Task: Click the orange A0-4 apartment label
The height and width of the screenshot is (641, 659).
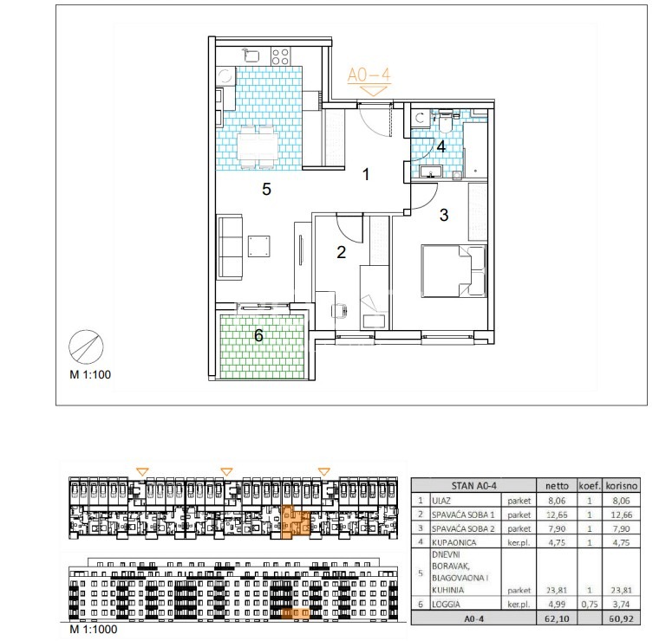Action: (x=369, y=75)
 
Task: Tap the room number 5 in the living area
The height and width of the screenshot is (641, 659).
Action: (x=266, y=190)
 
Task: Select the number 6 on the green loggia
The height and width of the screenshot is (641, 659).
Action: (x=258, y=335)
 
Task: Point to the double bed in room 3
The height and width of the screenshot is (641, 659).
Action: (x=453, y=272)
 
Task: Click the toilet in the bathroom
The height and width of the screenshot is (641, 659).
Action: (x=444, y=121)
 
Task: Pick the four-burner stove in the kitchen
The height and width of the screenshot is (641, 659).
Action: (x=280, y=56)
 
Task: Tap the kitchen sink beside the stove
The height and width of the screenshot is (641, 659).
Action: (x=251, y=55)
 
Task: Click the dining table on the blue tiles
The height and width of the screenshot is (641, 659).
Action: (x=257, y=146)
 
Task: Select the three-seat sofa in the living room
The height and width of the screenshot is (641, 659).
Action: (x=230, y=247)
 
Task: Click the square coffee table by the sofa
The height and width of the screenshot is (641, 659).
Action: (x=259, y=246)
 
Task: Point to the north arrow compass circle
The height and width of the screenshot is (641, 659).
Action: (x=86, y=346)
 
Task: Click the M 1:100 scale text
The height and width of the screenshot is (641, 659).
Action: (x=90, y=374)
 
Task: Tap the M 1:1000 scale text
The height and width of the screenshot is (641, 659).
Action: (x=94, y=629)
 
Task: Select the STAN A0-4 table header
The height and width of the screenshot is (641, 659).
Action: (x=473, y=486)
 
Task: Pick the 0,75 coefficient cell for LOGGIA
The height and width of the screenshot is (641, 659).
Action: (x=590, y=604)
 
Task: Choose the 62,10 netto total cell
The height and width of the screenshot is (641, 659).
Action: (x=557, y=618)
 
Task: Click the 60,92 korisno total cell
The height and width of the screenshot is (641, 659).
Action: (x=622, y=618)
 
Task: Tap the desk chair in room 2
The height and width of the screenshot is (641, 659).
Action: (x=340, y=311)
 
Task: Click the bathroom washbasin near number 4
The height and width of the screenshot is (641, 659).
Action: (x=430, y=172)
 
